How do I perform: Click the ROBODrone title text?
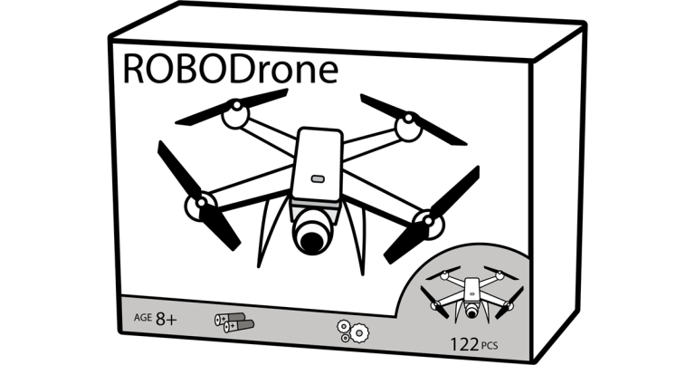231,69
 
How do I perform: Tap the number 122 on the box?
464,344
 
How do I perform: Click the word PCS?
490,345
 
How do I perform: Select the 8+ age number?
167,319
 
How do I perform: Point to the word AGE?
143,318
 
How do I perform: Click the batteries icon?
234,322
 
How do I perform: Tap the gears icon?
353,331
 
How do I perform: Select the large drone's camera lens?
311,240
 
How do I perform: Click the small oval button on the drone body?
318,178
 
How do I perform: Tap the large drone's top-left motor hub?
236,113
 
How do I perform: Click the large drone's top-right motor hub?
409,127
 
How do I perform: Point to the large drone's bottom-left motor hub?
200,206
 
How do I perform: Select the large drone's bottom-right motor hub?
428,224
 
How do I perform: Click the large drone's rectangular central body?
318,165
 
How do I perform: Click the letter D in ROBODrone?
243,69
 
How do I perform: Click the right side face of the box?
558,191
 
